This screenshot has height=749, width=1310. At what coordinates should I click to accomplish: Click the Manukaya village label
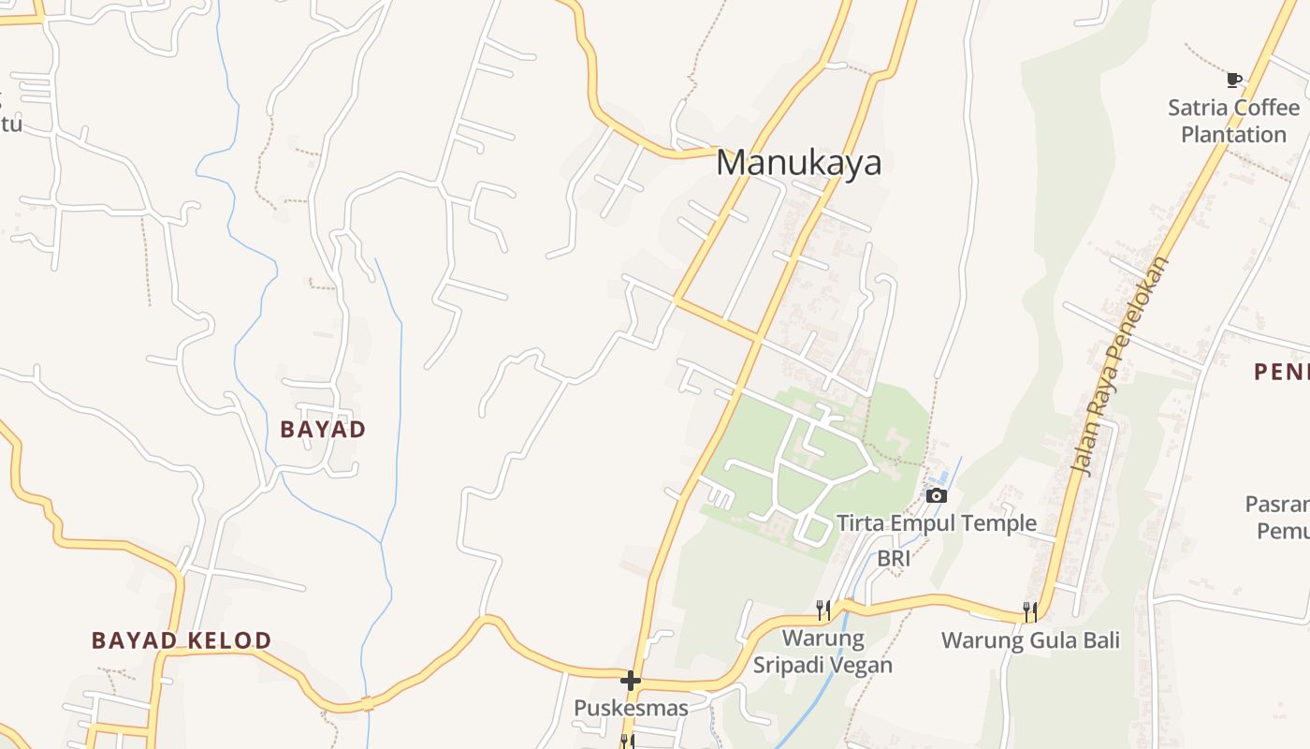(x=798, y=163)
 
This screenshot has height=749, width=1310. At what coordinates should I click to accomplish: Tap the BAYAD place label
(x=323, y=430)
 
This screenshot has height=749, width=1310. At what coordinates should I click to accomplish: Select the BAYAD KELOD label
(x=182, y=640)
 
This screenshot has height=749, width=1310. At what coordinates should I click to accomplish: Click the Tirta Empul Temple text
(x=936, y=522)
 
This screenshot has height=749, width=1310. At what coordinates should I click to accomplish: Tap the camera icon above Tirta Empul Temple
(x=937, y=495)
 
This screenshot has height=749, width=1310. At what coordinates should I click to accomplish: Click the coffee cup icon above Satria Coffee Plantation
(x=1234, y=80)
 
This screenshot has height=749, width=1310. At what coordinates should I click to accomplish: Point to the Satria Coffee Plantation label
(x=1233, y=121)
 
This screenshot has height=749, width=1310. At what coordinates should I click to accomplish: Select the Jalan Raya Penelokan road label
(x=1120, y=365)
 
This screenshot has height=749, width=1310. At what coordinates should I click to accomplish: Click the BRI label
(x=894, y=559)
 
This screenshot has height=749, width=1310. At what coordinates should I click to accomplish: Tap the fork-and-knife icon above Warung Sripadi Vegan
(x=823, y=610)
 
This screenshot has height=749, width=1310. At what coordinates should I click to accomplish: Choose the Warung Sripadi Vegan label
(x=822, y=652)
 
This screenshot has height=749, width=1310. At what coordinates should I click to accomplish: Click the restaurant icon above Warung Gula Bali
(x=1030, y=611)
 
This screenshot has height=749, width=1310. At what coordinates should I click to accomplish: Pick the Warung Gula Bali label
(x=1030, y=641)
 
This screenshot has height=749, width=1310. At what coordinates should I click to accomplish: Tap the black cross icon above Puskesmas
(x=631, y=680)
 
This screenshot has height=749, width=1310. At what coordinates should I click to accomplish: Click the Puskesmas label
(x=631, y=708)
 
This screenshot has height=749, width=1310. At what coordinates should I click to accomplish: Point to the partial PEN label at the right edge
(x=1281, y=372)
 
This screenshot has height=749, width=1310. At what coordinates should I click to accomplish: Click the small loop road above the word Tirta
(x=812, y=531)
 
